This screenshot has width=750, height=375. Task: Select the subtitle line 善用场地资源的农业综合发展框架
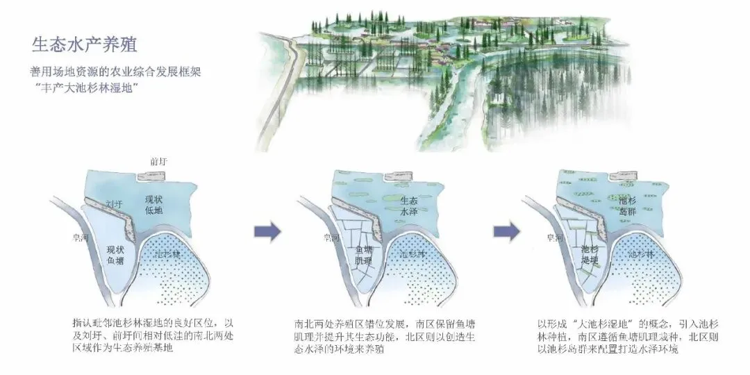[x=119, y=72]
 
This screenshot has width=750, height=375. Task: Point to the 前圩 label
[x=159, y=162]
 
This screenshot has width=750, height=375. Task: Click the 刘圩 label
[x=112, y=204]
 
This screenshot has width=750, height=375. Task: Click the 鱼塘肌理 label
[x=365, y=254]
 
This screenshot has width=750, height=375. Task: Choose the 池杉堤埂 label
[x=590, y=254]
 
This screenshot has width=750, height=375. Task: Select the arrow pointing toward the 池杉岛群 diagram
[x=506, y=231]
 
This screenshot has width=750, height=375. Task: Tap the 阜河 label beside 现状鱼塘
[x=89, y=237]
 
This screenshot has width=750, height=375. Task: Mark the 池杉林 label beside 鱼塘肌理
[x=413, y=255]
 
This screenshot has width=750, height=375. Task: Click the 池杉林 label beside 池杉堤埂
[x=640, y=255]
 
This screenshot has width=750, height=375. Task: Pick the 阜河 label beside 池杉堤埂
[x=556, y=237]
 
